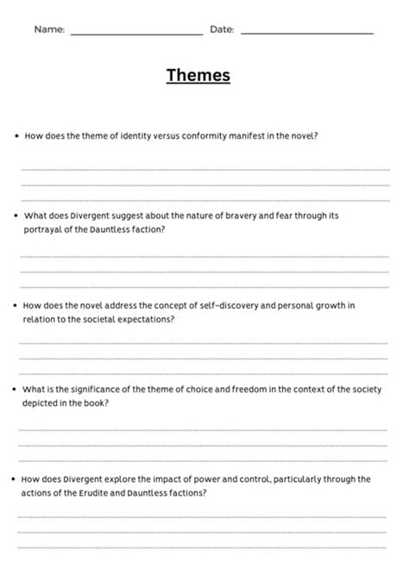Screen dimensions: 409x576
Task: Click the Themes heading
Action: pos(198,76)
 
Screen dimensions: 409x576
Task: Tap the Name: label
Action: pos(49,29)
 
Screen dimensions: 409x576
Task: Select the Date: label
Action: pos(222,29)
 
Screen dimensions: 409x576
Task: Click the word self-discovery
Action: pos(217,304)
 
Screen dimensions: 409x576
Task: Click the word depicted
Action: pos(44,403)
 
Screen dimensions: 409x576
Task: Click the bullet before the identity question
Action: pos(16,135)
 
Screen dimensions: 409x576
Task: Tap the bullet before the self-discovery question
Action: pos(16,304)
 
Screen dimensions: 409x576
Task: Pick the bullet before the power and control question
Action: pos(16,479)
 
